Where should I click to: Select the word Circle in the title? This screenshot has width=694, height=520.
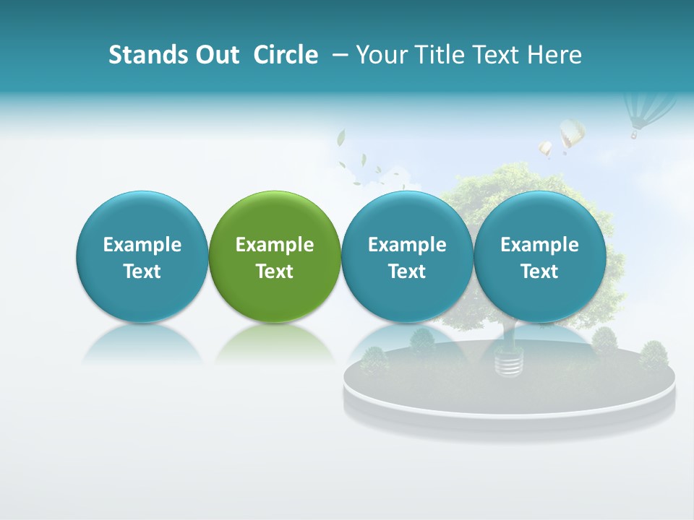(x=286, y=55)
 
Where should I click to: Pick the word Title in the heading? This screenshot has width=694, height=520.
(x=442, y=55)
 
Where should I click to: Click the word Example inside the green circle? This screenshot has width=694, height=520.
(x=275, y=245)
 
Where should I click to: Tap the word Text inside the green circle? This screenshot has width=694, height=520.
(x=275, y=272)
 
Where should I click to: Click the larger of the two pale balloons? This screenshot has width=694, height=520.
(x=572, y=134)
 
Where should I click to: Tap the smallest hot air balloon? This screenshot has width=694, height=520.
(x=545, y=149)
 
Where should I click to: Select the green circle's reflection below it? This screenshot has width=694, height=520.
(x=275, y=342)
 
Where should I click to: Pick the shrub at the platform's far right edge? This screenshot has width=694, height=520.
(x=654, y=355)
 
